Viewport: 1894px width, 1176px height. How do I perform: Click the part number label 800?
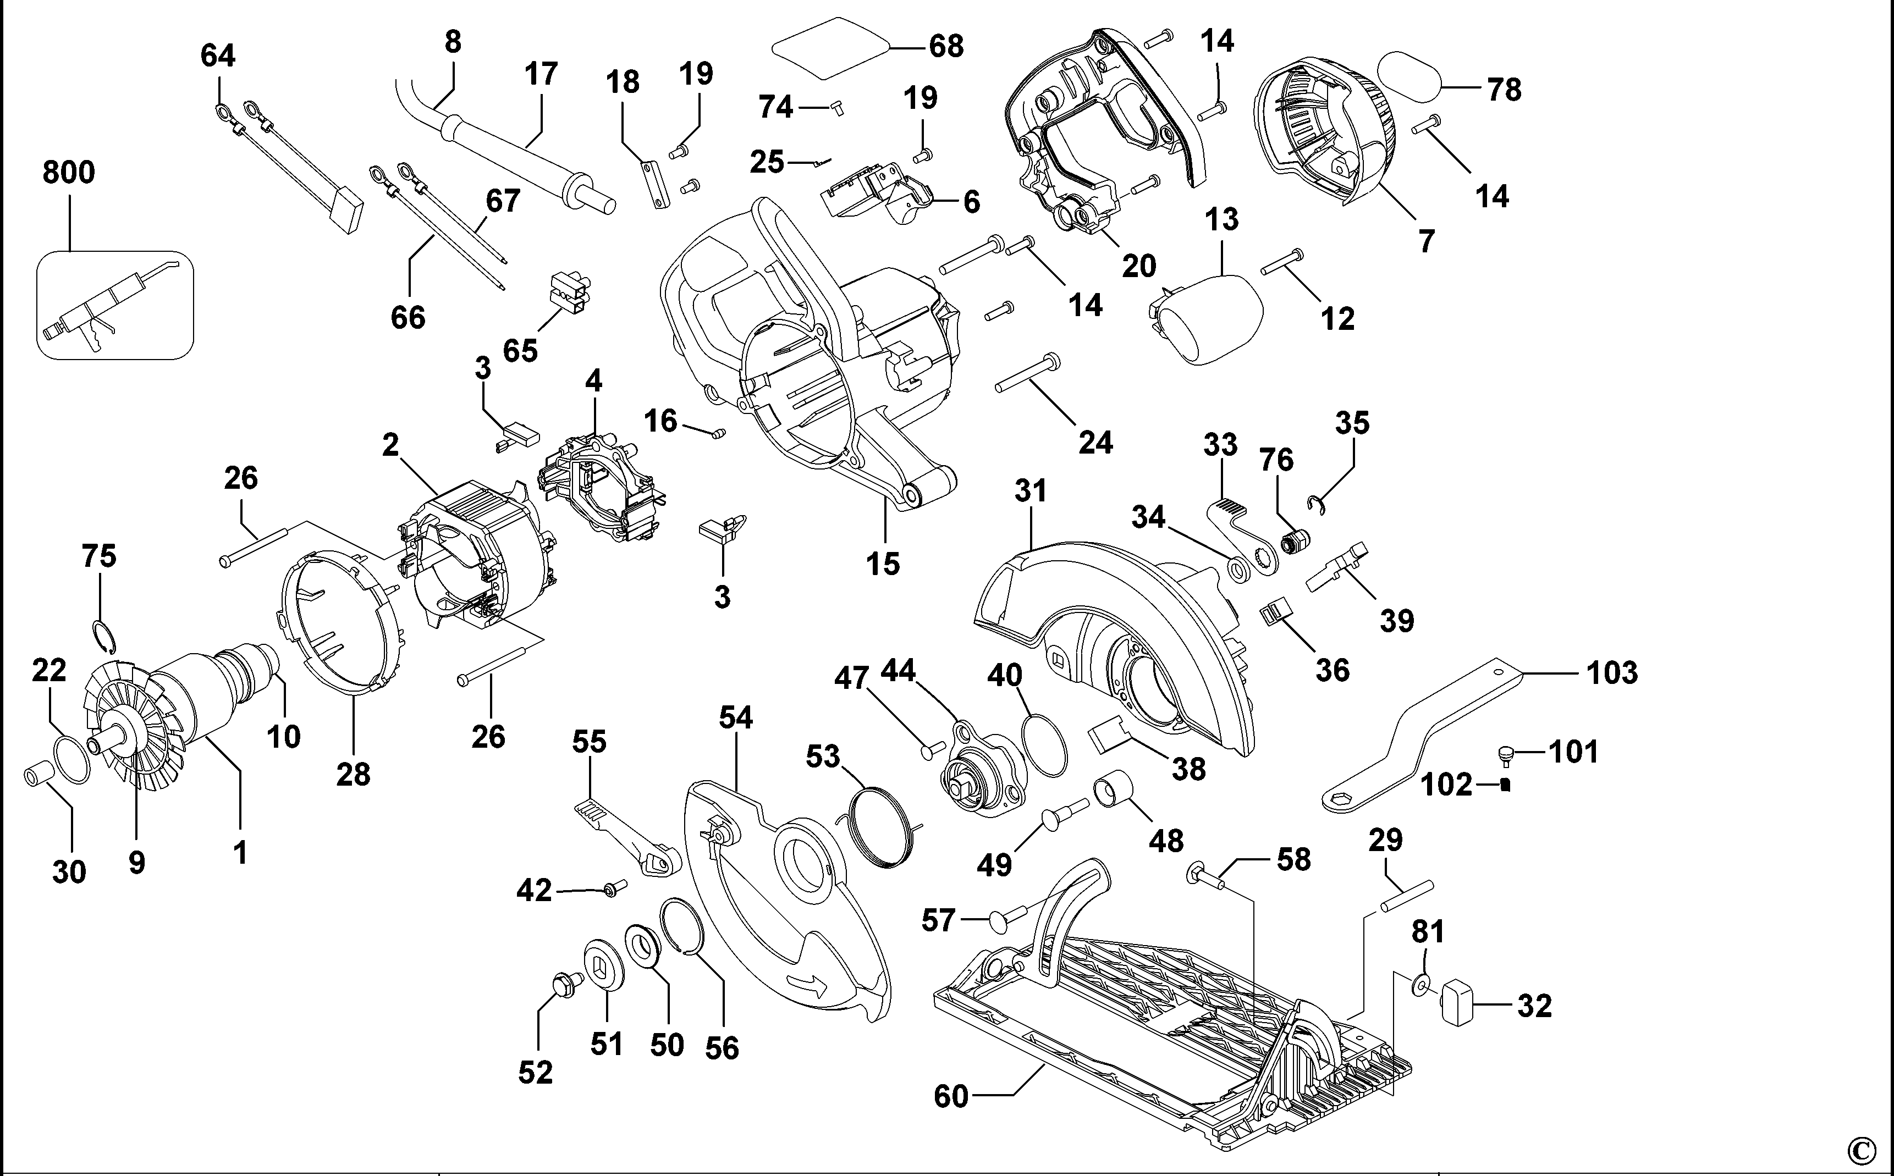click(68, 172)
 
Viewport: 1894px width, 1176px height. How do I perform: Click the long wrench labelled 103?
click(1423, 739)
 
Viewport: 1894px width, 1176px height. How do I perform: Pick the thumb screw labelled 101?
click(1507, 752)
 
